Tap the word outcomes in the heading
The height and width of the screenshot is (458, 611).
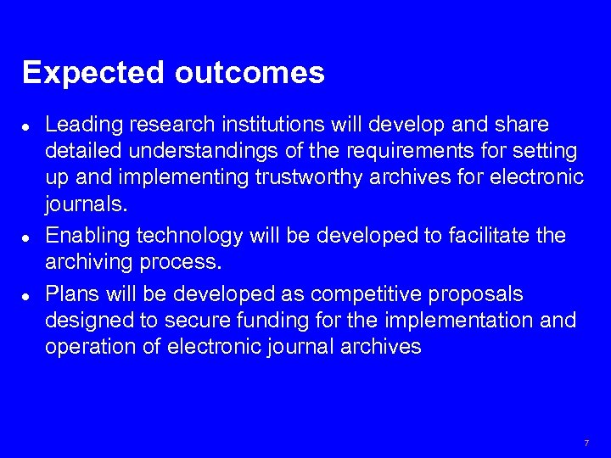click(249, 73)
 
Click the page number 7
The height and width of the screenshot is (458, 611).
click(586, 444)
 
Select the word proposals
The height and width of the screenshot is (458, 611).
click(482, 294)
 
